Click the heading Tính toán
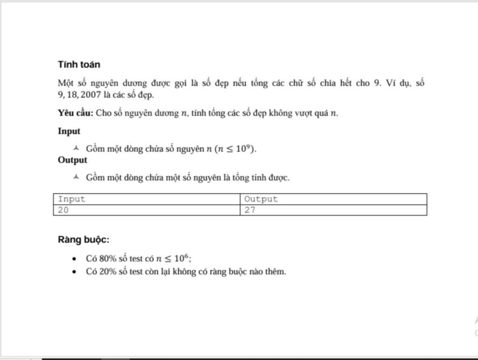coord(79,64)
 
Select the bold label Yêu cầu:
coord(76,113)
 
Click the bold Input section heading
coord(69,131)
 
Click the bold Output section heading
coord(72,160)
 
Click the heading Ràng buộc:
coord(84,240)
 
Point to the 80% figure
coord(108,259)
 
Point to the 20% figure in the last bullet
coord(108,272)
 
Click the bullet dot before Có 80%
coord(74,259)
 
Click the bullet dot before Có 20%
coord(74,272)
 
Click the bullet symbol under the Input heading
coord(76,148)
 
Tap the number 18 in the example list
coord(72,95)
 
